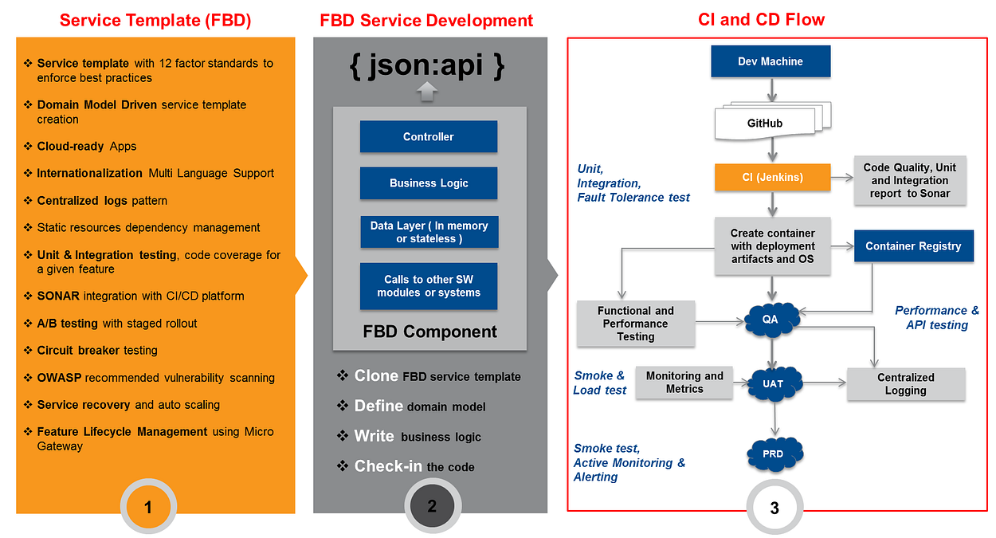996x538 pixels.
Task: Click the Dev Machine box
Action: coord(771,61)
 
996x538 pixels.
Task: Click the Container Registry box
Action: coord(913,246)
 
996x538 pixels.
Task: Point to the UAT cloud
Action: coord(772,383)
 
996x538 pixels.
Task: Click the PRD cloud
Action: coord(773,454)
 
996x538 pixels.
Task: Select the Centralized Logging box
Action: coord(905,384)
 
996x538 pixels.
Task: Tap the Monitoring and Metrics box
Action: coord(684,383)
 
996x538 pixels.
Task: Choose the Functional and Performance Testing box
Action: coord(636,324)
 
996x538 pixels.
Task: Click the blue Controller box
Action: coord(429,137)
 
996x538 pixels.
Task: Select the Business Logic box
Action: coord(429,183)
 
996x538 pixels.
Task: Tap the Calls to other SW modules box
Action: coord(429,286)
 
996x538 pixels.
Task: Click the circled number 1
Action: coord(148,506)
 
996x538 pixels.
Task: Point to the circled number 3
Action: coord(774,507)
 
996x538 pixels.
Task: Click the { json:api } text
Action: coord(428,66)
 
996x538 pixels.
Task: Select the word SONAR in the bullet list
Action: coord(58,296)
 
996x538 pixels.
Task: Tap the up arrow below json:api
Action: coord(428,92)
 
